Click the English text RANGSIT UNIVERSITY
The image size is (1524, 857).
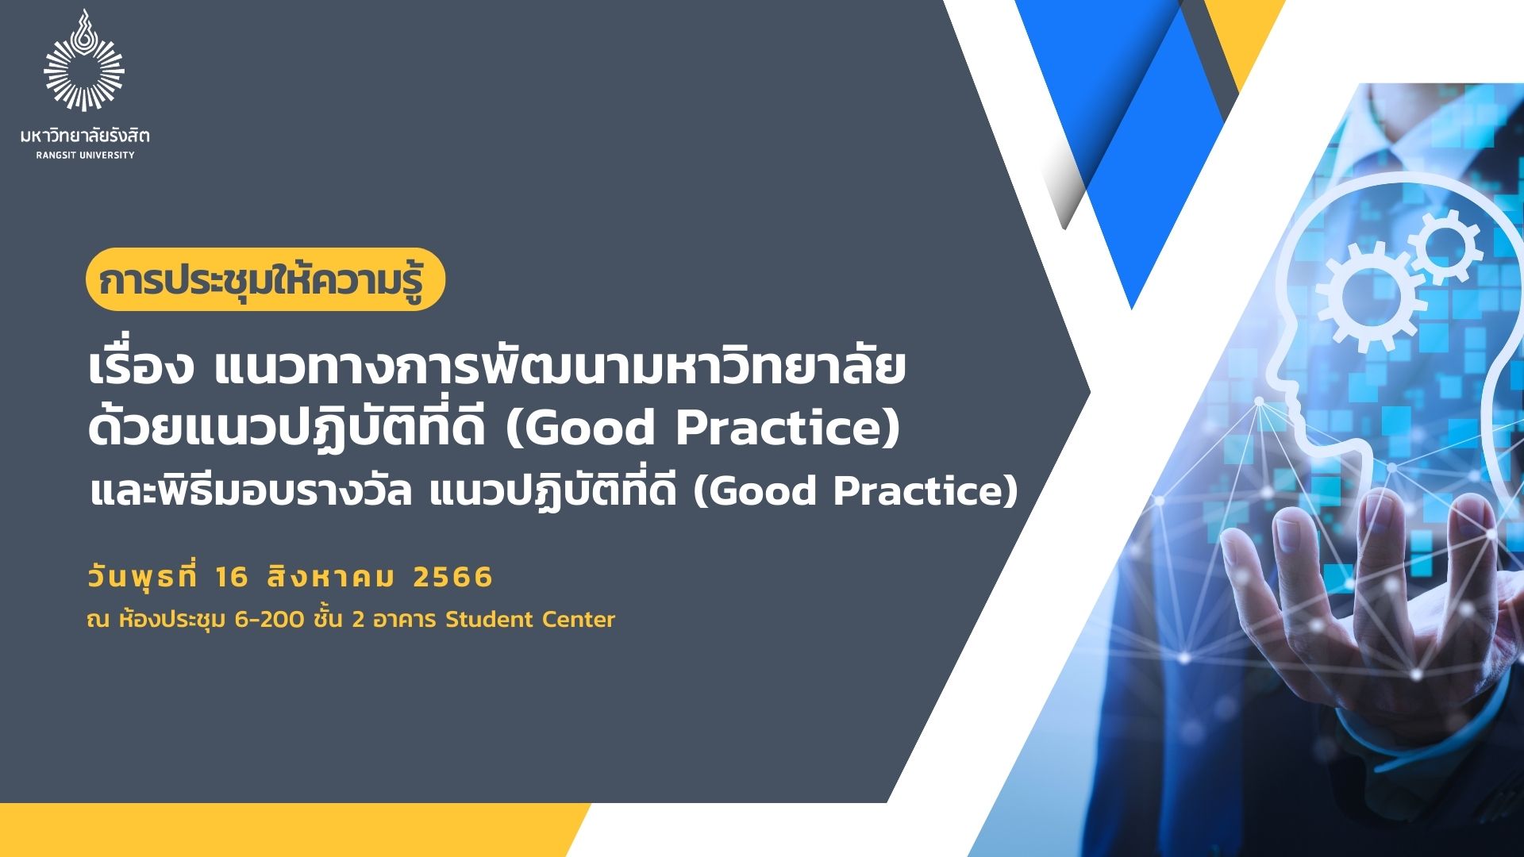click(x=85, y=156)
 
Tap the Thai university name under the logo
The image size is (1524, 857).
click(x=85, y=136)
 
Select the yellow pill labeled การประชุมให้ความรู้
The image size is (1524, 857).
click(x=265, y=279)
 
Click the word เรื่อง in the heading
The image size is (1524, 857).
click(x=140, y=370)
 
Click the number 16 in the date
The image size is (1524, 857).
click(x=231, y=577)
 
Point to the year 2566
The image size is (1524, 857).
click(x=453, y=577)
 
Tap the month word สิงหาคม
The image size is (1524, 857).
click(x=331, y=577)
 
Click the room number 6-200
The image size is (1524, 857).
click(x=269, y=619)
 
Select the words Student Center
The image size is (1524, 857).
click(x=530, y=619)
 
